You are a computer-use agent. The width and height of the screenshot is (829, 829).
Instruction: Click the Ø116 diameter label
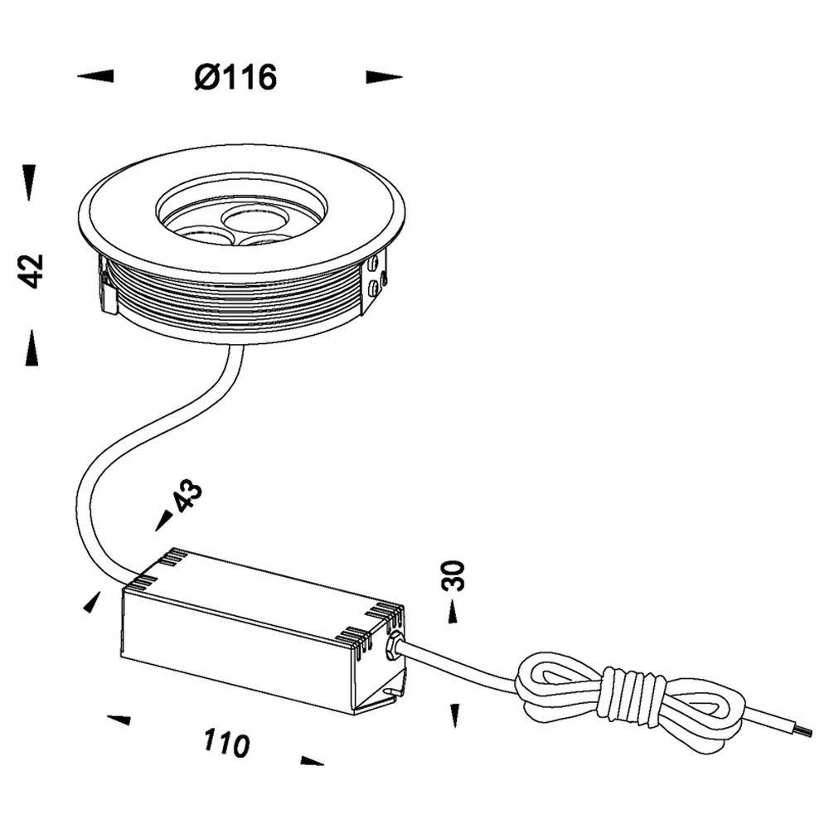click(x=236, y=78)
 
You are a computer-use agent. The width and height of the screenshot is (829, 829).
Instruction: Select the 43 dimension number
click(x=187, y=496)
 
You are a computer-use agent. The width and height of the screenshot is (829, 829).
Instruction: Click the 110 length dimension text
click(x=226, y=743)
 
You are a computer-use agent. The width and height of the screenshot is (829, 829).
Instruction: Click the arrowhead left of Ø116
click(x=95, y=76)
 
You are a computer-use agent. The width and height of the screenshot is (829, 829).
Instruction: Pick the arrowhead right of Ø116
click(x=384, y=77)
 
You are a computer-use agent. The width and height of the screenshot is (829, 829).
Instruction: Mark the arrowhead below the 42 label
click(x=31, y=347)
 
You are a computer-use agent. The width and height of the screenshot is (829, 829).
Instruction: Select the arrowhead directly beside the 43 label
click(x=164, y=521)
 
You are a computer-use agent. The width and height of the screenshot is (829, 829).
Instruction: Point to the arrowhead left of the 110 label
click(x=119, y=719)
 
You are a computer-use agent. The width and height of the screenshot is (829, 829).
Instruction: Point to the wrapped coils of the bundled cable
click(x=633, y=694)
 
